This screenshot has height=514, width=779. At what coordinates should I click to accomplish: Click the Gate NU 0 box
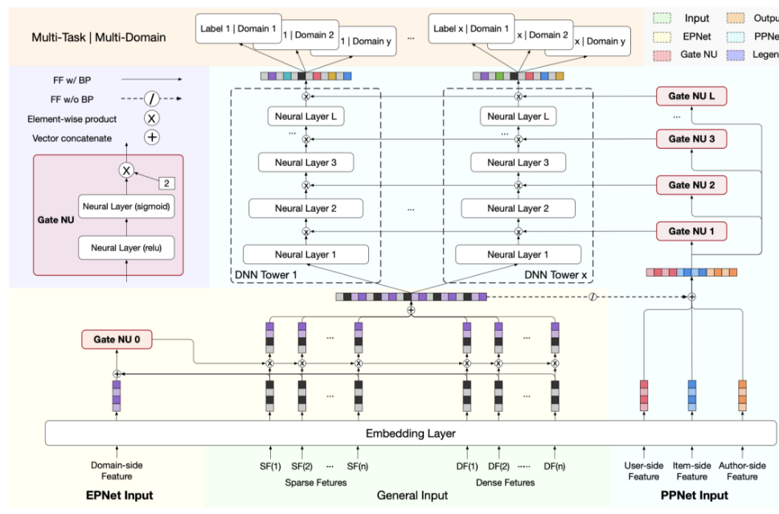[116, 339]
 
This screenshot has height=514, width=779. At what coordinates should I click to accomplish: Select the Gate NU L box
[691, 97]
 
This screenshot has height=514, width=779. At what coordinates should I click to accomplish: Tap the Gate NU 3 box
[691, 139]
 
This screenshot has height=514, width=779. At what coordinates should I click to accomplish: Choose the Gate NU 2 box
[691, 185]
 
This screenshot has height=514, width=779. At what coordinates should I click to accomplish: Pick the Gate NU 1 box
[691, 231]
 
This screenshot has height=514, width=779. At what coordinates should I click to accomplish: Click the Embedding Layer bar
[411, 434]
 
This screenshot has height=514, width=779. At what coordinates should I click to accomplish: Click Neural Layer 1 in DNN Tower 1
[305, 254]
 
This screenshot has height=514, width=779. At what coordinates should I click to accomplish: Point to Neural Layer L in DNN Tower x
[519, 117]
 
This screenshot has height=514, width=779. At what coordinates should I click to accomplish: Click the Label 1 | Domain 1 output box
[238, 29]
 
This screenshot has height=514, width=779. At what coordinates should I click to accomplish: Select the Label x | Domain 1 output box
[471, 29]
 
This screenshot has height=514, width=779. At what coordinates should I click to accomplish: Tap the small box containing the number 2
[166, 183]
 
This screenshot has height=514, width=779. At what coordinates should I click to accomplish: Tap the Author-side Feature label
[742, 471]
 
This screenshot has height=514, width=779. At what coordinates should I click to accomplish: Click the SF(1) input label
[270, 466]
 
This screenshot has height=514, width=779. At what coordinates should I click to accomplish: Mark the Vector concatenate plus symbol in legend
[150, 138]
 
